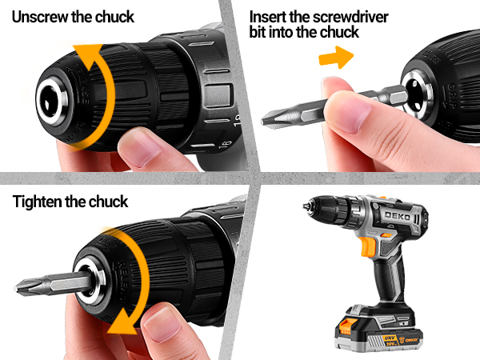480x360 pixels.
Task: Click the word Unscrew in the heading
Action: coord(40,17)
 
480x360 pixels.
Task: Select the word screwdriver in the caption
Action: coord(351,17)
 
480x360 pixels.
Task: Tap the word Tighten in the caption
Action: coord(37,202)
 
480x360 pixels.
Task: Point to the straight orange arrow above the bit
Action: coord(336,58)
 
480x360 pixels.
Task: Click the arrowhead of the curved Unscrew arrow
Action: coord(88,51)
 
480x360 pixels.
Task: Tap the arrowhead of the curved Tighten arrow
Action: coord(122,323)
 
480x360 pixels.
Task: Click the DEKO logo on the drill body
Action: coord(398,216)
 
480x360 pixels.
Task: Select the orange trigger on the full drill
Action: coord(368,246)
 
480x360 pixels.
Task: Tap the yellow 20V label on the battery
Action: coord(390,341)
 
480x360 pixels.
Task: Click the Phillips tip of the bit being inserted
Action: coord(269,119)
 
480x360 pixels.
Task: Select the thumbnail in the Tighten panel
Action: coord(162,325)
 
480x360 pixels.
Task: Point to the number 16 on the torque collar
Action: coord(225,144)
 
